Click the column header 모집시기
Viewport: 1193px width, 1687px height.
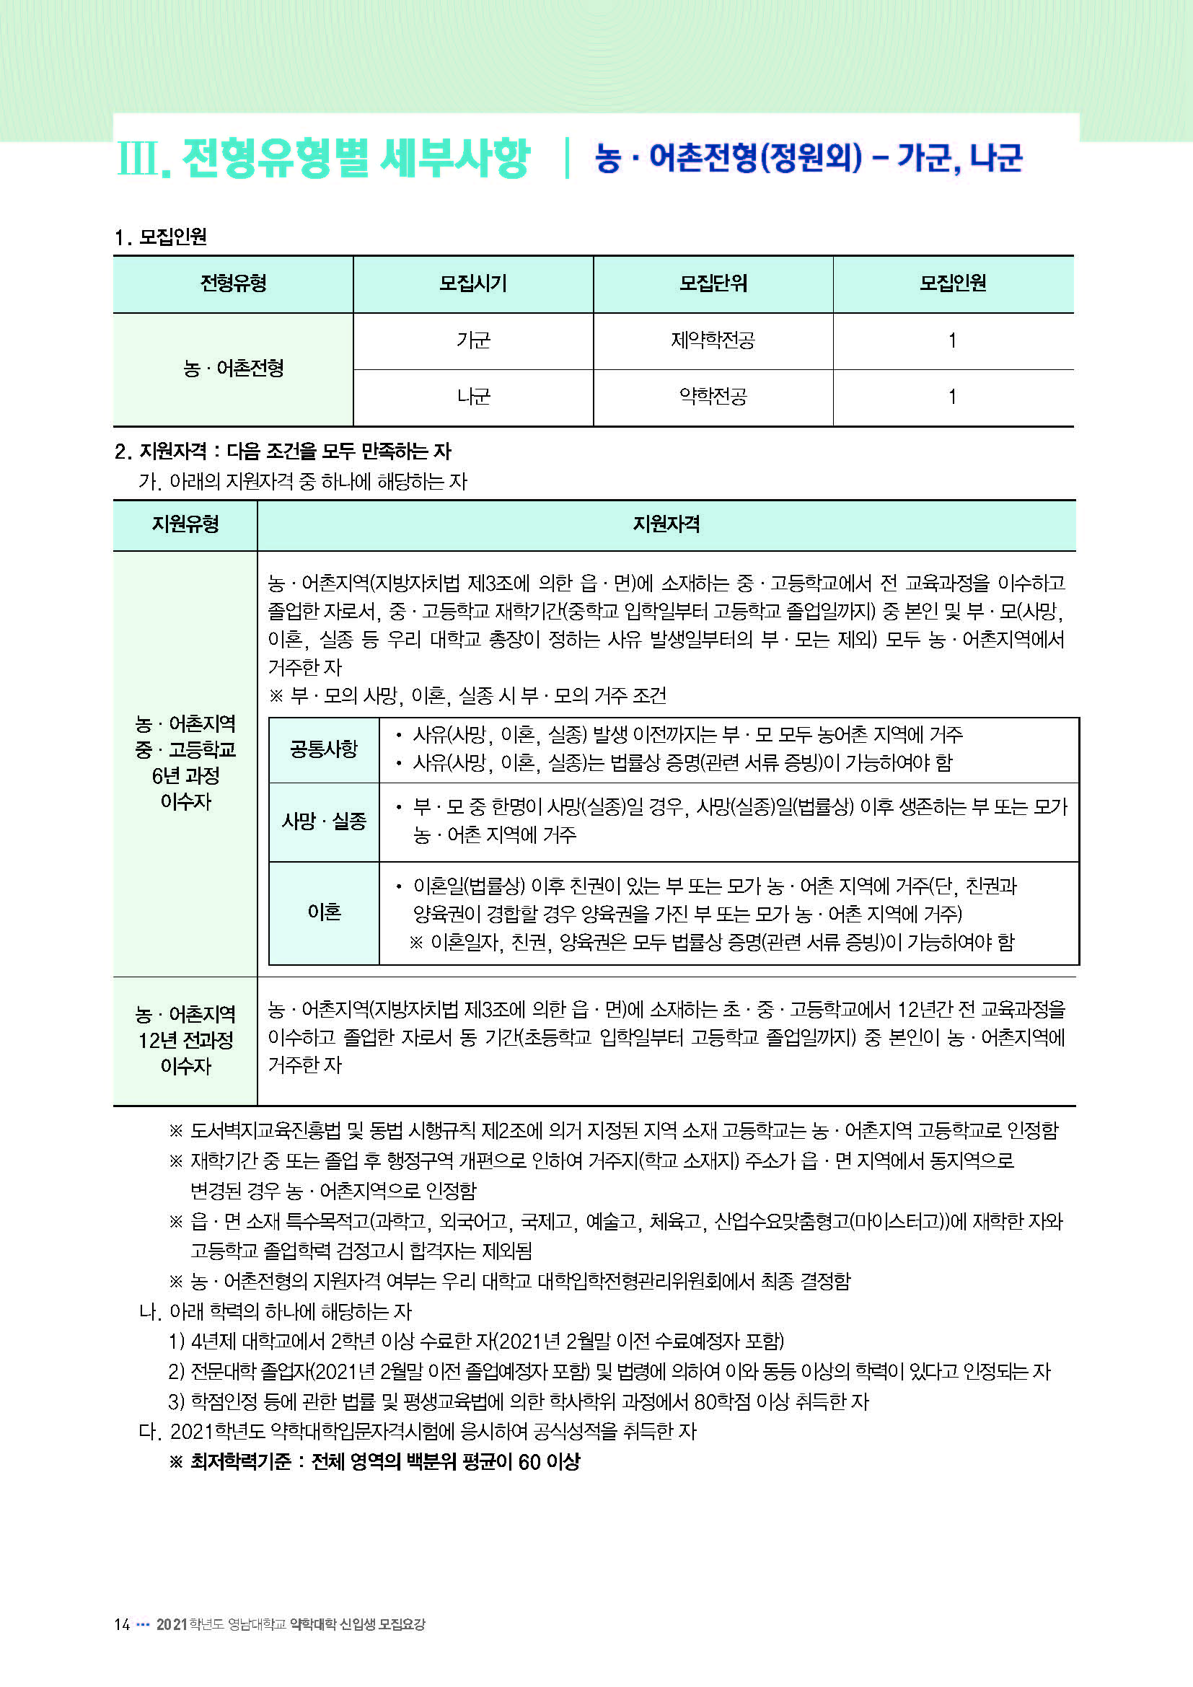coord(472,283)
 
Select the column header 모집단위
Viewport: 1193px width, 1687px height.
coord(713,283)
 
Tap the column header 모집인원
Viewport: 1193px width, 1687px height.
coord(953,283)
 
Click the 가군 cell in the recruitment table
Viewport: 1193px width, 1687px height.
coord(472,341)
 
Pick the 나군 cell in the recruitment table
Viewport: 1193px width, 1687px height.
coord(472,397)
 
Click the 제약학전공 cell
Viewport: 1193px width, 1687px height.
coord(713,341)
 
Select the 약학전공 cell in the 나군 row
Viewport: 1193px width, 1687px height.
coord(713,397)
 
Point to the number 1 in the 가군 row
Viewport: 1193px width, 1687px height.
coord(953,341)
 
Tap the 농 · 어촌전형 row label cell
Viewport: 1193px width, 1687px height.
coord(233,369)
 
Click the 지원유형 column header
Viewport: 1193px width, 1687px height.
coord(185,524)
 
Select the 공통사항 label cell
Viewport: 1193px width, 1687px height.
coord(324,749)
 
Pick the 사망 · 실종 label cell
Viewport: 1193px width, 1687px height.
coord(324,822)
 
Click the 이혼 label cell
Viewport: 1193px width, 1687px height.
coord(324,912)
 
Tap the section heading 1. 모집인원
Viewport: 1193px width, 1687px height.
coord(161,237)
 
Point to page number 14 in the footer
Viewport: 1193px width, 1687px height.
coord(122,1624)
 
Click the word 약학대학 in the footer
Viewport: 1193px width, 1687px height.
coord(313,1624)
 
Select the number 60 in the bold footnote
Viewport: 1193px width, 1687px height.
coord(529,1462)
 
